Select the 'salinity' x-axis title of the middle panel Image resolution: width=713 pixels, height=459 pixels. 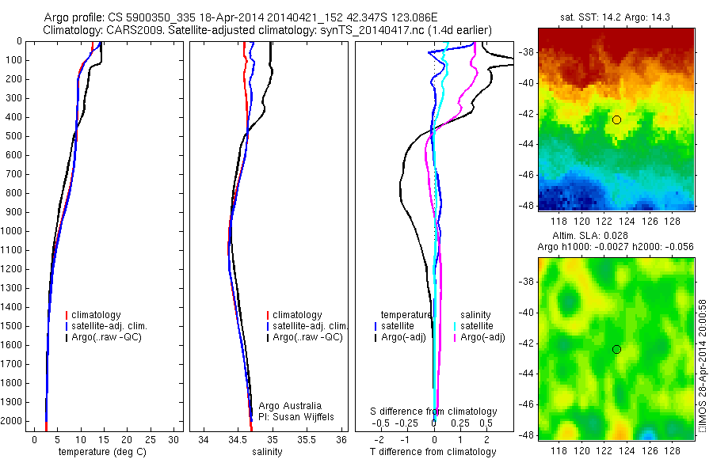pos(267,452)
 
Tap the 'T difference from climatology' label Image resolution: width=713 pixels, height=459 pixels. pos(433,452)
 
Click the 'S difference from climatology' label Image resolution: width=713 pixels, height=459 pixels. pos(434,412)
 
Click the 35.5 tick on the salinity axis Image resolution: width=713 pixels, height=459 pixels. pos(307,438)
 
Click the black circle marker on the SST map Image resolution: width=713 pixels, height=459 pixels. pos(616,119)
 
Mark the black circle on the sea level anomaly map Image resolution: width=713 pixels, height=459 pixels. pos(616,349)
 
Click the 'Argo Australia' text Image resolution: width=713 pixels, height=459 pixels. pos(290,406)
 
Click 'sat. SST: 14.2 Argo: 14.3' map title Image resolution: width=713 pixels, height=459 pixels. pos(616,15)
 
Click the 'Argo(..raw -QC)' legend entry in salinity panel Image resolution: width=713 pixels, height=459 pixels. pos(307,337)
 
